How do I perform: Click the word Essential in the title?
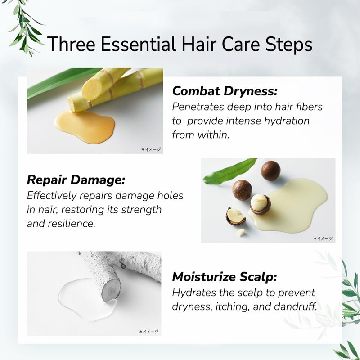coord(138,44)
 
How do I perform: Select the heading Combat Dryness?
coord(225,91)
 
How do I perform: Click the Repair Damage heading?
coord(76,180)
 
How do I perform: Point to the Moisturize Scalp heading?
coord(225,276)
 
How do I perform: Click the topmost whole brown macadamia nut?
coord(271,171)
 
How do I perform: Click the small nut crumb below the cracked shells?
coord(240,233)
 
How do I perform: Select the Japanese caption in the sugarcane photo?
coord(151,149)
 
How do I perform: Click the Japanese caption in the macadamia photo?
coord(323,238)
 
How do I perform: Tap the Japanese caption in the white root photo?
coord(149,332)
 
